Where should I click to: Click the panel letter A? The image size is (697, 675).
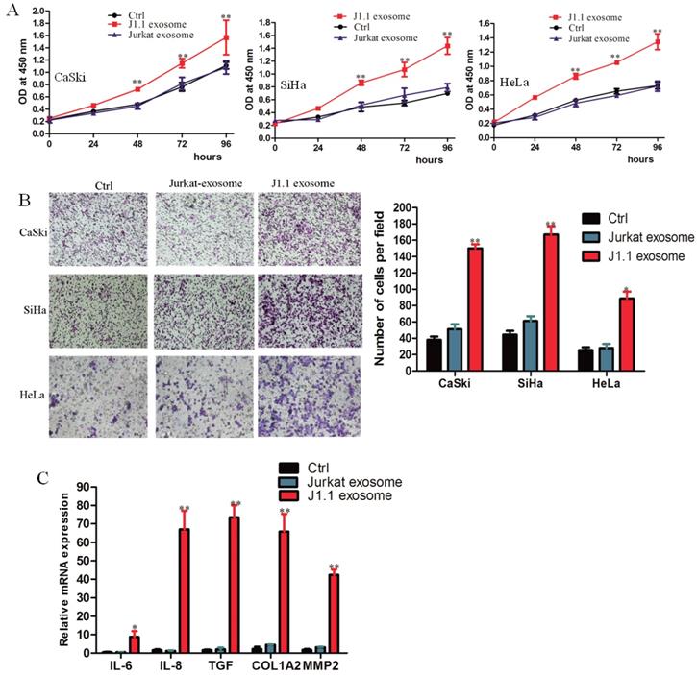tap(11, 9)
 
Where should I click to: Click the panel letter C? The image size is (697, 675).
tap(11, 477)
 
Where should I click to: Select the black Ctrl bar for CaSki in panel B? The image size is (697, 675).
tap(435, 354)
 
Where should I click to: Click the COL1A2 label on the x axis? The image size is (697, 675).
tap(271, 665)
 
